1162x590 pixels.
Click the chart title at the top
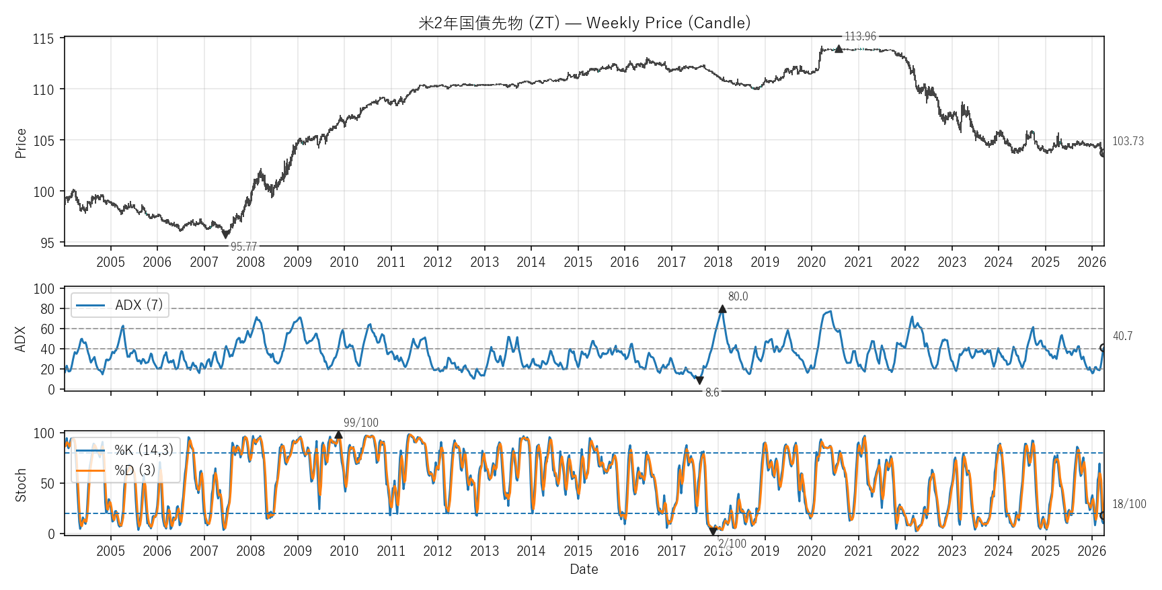pyautogui.click(x=584, y=23)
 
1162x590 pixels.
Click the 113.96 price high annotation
pyautogui.click(x=860, y=36)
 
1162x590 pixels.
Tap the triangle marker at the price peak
pyautogui.click(x=839, y=48)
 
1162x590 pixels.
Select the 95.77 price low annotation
pyautogui.click(x=243, y=247)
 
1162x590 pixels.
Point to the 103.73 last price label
pyautogui.click(x=1128, y=141)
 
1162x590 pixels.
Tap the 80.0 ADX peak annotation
pyautogui.click(x=738, y=296)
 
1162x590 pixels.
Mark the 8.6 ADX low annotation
pyautogui.click(x=712, y=392)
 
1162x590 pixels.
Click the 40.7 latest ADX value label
pyautogui.click(x=1122, y=336)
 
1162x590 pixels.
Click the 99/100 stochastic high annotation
pyautogui.click(x=361, y=423)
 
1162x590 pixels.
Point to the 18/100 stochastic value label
pyautogui.click(x=1129, y=504)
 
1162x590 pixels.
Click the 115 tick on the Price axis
pyautogui.click(x=43, y=39)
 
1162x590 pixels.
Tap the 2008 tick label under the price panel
pyautogui.click(x=251, y=262)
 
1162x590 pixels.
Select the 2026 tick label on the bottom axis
pyautogui.click(x=1091, y=551)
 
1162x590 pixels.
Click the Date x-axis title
pyautogui.click(x=584, y=569)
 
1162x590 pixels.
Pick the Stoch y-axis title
pyautogui.click(x=21, y=484)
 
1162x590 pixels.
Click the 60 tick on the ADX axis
pyautogui.click(x=47, y=329)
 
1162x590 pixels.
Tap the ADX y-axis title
pyautogui.click(x=21, y=339)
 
